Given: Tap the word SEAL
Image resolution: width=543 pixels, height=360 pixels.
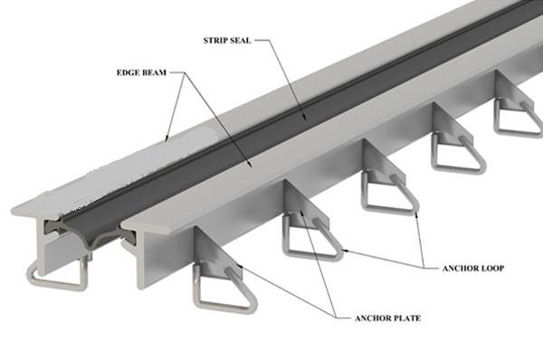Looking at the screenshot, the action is [241, 41].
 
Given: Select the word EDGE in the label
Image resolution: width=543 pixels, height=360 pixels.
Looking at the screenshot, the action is [127, 72].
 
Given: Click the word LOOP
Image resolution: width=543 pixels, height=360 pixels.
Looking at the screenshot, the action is [493, 269].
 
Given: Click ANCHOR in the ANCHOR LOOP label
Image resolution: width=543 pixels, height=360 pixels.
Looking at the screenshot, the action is [461, 269].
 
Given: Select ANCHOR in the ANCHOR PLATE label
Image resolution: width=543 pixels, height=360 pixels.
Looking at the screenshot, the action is [372, 318].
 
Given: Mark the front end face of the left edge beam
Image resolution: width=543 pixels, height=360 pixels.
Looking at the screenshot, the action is [42, 242].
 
